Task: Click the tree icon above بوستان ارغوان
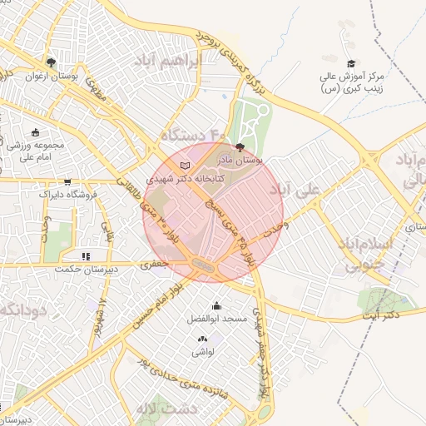[x=51, y=62]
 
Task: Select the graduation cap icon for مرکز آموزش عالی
[x=351, y=64]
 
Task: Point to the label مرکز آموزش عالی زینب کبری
[x=351, y=83]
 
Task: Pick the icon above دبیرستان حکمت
[x=85, y=256]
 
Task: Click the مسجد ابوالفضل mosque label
[x=218, y=319]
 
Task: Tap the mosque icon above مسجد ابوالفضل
[x=217, y=306]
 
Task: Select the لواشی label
[x=203, y=353]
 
